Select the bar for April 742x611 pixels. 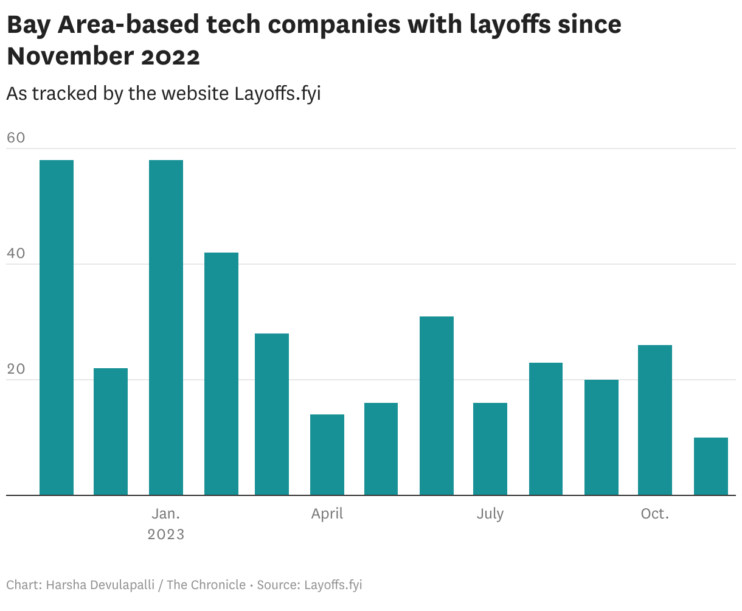coord(327,455)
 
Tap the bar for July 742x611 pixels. coord(490,449)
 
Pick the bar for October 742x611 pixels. coord(655,420)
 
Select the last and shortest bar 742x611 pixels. coord(710,466)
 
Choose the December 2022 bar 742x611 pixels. coord(111,431)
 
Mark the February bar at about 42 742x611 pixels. coord(221,374)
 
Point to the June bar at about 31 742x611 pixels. coord(437,406)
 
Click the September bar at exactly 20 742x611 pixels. coord(601,438)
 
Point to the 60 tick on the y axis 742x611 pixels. coord(16,138)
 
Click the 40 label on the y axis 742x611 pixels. coord(16,253)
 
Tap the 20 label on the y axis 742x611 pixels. coord(16,369)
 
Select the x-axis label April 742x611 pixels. coord(327,514)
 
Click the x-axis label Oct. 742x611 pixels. coord(655,514)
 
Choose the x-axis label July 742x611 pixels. coord(490,514)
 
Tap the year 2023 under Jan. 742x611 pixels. coord(166,534)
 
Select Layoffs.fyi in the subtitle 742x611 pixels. coord(277,94)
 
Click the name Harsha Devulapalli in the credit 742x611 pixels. coord(99,585)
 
